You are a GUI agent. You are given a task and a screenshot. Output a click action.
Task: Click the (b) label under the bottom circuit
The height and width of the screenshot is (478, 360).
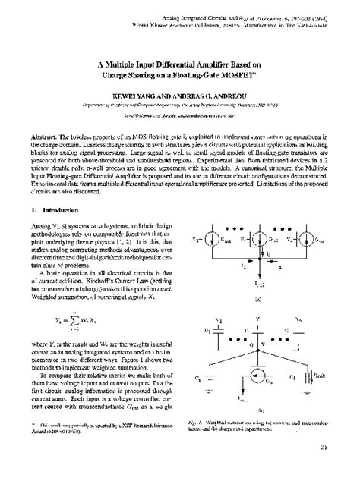point(260,410)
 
